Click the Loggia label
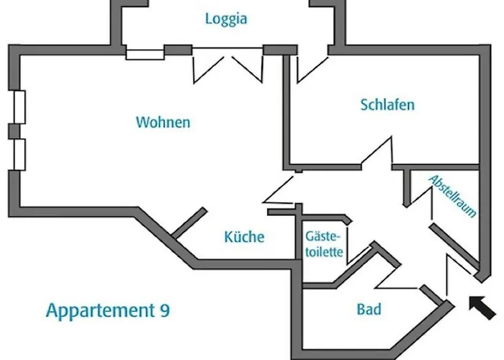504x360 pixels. [226, 19]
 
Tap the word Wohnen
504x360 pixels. [163, 122]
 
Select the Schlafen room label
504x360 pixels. [387, 105]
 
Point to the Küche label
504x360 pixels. [244, 237]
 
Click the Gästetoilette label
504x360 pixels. [324, 244]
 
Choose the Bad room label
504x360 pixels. [369, 309]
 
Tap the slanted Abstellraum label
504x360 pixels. [453, 197]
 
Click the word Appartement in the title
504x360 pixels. [101, 310]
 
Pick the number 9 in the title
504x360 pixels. [165, 310]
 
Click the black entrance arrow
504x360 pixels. [482, 307]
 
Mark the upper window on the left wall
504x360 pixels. [19, 107]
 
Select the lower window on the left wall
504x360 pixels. [19, 155]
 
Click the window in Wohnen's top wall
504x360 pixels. [145, 55]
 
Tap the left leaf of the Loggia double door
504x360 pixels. [208, 69]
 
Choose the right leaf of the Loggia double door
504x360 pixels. [247, 69]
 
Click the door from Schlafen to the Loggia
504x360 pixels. [312, 69]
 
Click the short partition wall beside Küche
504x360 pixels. [189, 223]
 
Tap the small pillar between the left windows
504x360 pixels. [14, 132]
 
